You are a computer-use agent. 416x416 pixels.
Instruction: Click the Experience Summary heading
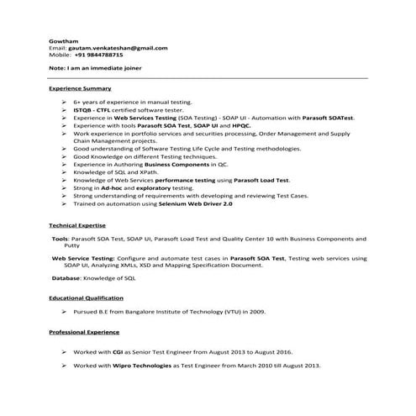point(80,88)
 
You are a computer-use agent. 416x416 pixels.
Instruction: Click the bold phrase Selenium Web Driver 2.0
point(188,203)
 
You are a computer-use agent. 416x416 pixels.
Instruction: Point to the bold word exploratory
point(157,188)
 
